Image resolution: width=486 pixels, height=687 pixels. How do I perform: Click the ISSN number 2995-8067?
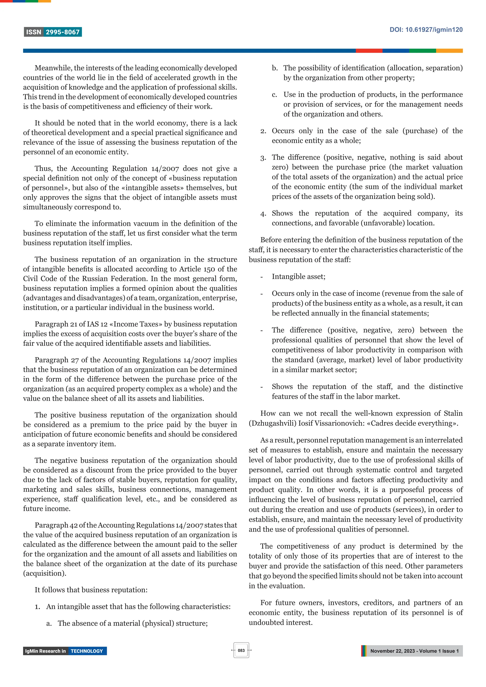click(63, 32)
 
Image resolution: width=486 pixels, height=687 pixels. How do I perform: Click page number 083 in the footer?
click(241, 650)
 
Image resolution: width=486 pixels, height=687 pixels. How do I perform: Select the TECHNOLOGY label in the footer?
click(87, 651)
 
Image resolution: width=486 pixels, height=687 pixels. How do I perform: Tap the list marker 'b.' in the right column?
click(275, 68)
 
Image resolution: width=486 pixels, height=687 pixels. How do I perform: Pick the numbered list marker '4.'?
click(263, 214)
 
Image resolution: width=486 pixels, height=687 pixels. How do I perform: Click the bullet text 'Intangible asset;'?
click(298, 277)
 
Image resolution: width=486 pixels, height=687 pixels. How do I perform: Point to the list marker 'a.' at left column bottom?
click(49, 623)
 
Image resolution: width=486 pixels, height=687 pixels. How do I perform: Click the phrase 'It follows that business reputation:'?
click(91, 590)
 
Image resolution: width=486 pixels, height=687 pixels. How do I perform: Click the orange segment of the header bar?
click(449, 51)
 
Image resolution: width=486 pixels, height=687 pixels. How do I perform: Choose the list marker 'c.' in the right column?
click(275, 95)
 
